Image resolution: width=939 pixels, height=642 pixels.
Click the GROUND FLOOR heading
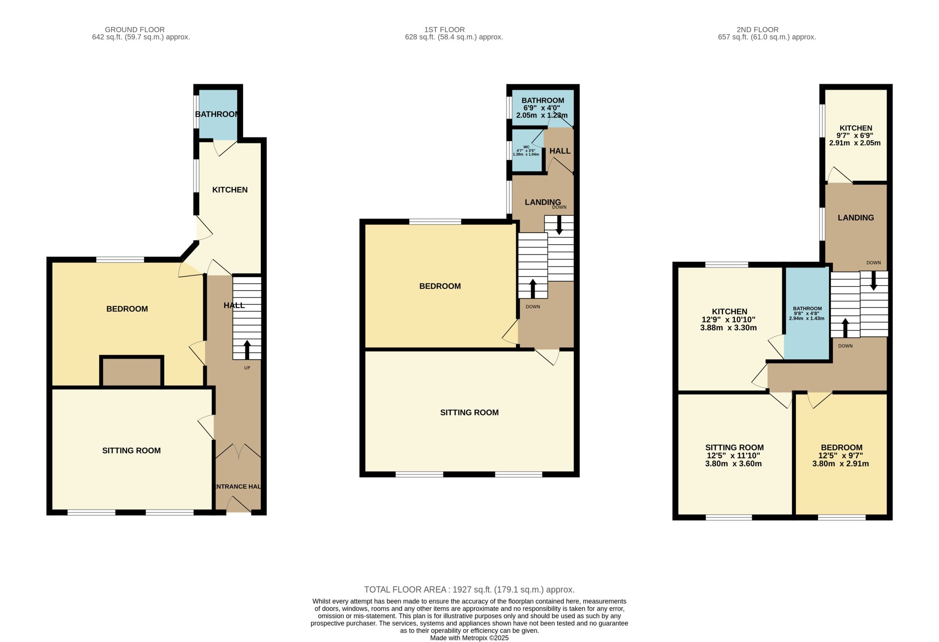click(x=135, y=29)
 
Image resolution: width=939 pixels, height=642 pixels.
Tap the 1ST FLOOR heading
click(x=445, y=29)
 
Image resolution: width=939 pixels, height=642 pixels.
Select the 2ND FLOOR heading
click(x=757, y=29)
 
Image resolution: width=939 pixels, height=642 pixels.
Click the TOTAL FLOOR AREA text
click(x=469, y=590)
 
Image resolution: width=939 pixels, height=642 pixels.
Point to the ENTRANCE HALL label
click(x=238, y=486)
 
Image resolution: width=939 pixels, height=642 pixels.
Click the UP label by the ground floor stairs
click(x=247, y=368)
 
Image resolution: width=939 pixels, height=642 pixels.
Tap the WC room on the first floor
click(x=527, y=151)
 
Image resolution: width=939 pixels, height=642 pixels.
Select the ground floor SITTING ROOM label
click(x=131, y=451)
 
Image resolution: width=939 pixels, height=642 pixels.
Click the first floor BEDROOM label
click(x=440, y=286)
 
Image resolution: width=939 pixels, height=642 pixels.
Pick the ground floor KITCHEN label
click(x=230, y=190)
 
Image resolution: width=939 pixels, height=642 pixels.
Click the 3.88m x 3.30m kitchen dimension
click(x=728, y=328)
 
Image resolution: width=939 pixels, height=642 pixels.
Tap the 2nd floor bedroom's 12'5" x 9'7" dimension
click(x=841, y=455)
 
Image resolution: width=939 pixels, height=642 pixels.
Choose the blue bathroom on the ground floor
click(x=218, y=114)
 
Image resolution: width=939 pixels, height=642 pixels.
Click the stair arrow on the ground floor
click(x=247, y=350)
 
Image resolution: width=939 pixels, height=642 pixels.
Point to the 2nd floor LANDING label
click(x=856, y=218)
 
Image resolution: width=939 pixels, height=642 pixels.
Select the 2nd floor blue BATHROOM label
click(x=807, y=308)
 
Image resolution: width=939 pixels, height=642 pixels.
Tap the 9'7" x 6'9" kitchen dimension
click(x=855, y=135)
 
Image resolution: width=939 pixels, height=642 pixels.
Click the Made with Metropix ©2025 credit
click(x=469, y=638)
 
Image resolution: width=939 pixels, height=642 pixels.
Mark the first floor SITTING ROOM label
click(x=469, y=412)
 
